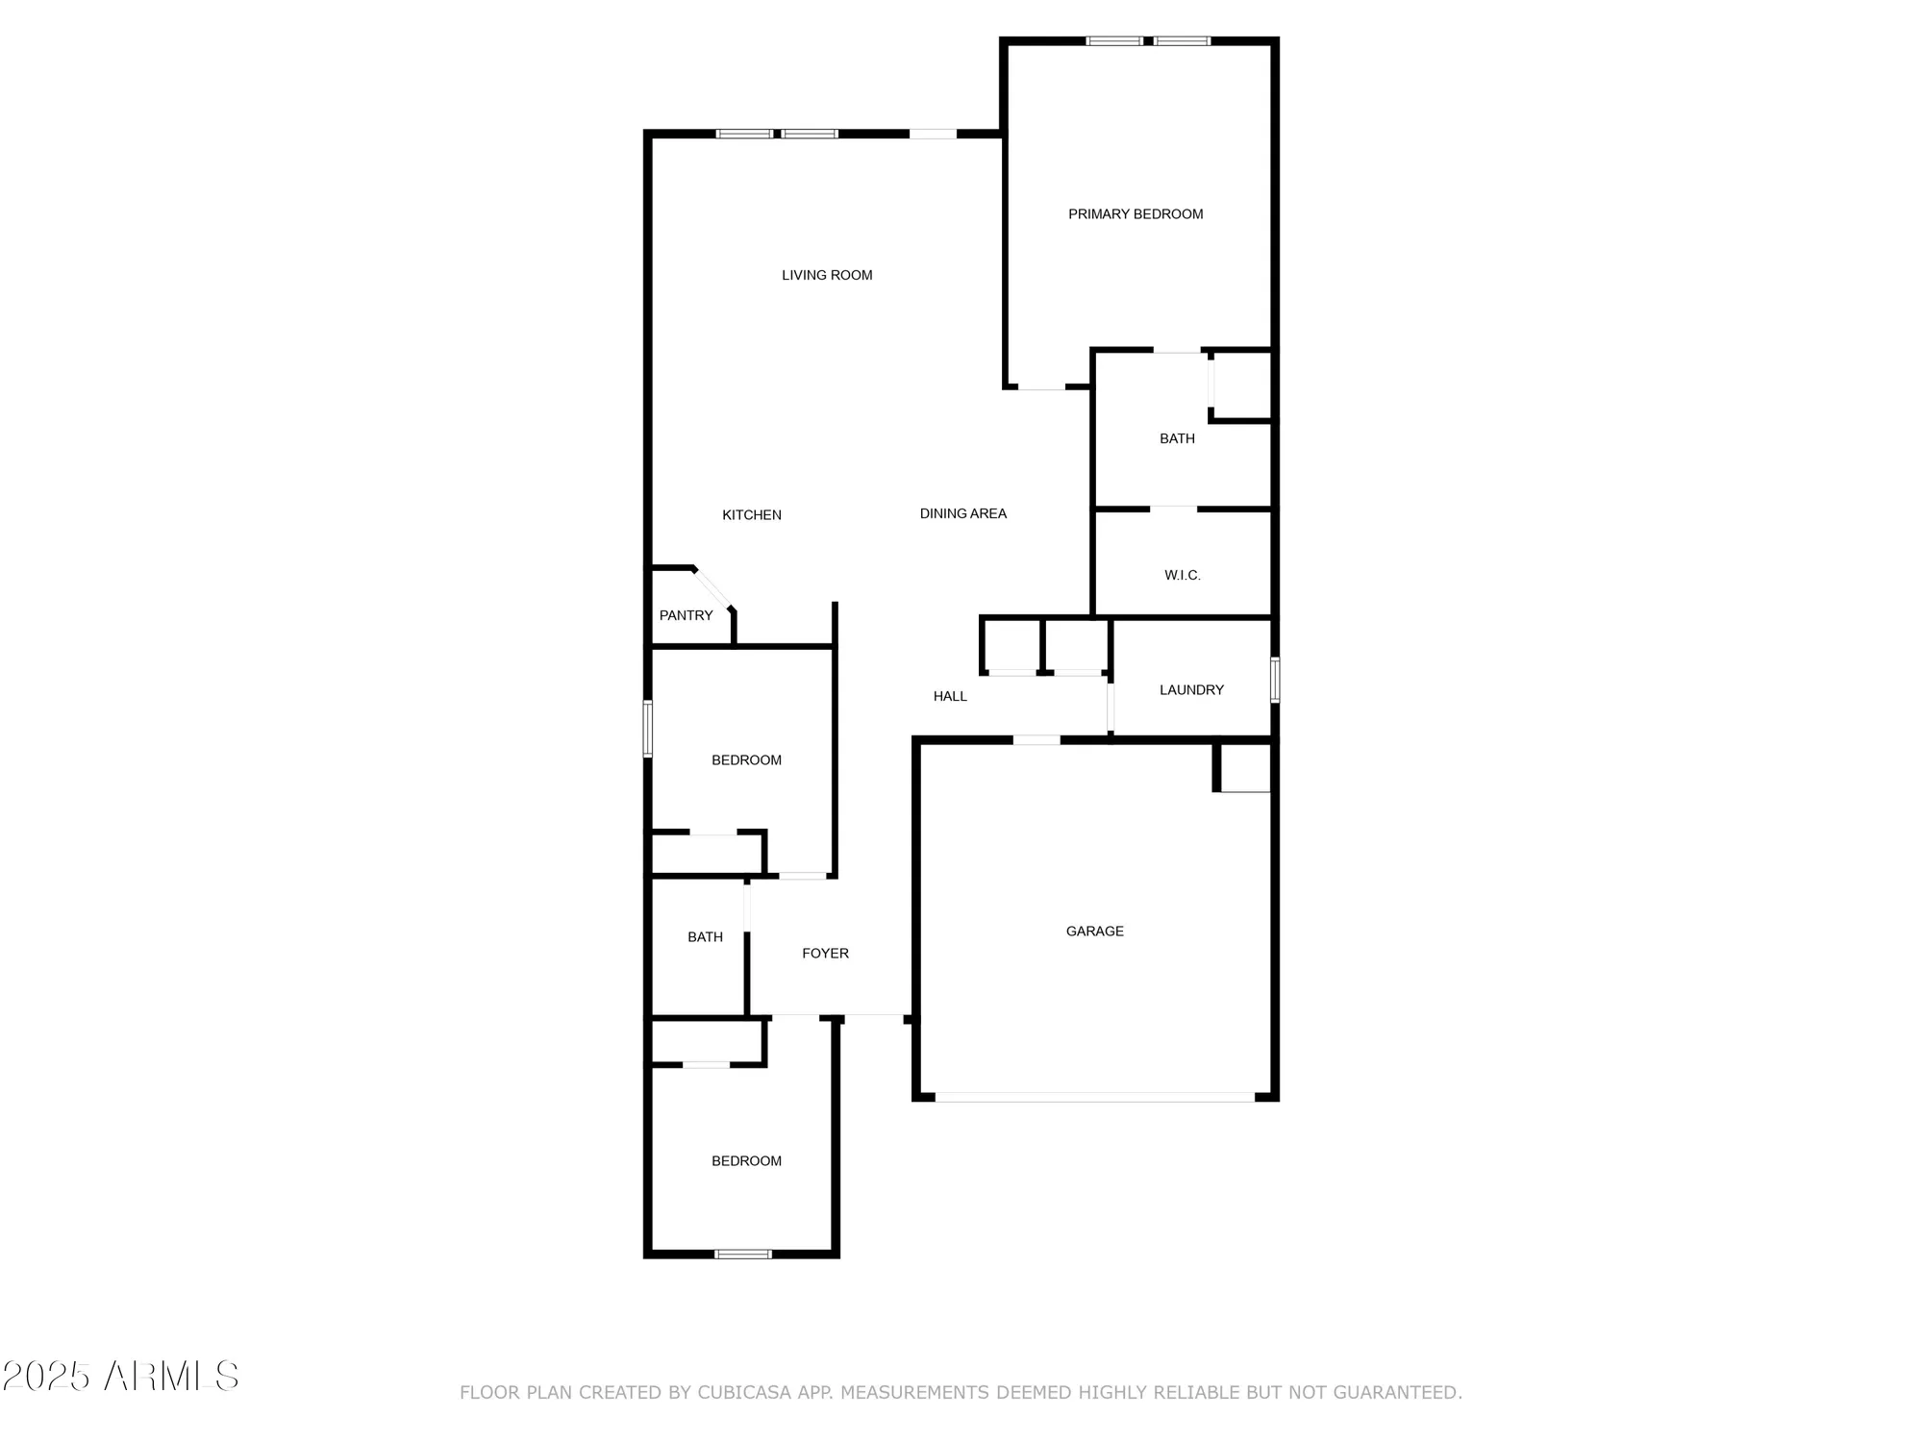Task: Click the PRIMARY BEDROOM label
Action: tap(1136, 214)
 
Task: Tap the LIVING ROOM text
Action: tap(827, 275)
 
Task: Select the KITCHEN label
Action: tap(752, 515)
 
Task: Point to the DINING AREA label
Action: tap(962, 513)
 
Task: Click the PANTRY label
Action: tap(686, 615)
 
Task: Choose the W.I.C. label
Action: tap(1182, 575)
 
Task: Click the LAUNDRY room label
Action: tap(1191, 689)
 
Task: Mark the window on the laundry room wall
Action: tap(1275, 680)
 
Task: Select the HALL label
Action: tap(950, 696)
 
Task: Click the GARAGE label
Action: tap(1094, 931)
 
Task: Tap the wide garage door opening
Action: tap(1094, 1097)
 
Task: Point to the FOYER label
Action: tap(825, 953)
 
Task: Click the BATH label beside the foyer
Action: tap(705, 936)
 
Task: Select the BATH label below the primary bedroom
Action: tap(1177, 438)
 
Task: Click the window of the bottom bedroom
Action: tap(742, 1254)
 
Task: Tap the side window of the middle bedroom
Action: tap(648, 729)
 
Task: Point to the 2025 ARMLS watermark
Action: tap(120, 1377)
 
